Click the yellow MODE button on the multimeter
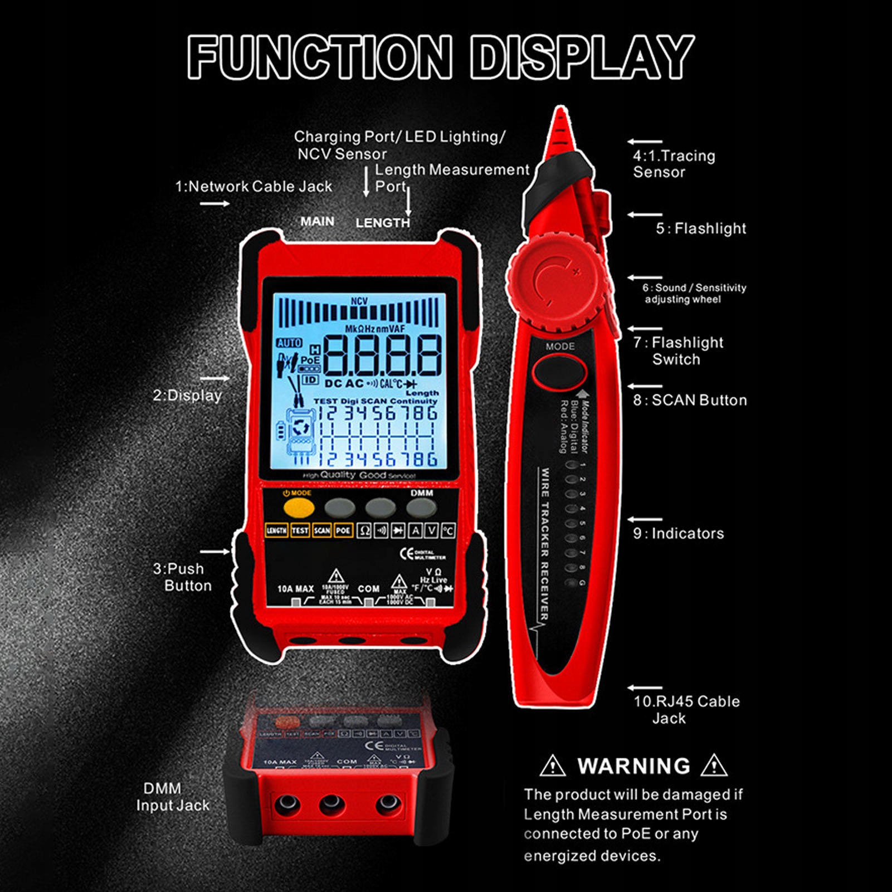(x=299, y=508)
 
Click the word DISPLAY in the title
(x=582, y=57)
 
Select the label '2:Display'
(x=187, y=396)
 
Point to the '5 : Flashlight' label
(x=700, y=228)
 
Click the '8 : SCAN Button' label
(x=690, y=400)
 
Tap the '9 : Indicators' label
(x=678, y=533)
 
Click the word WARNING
(x=634, y=766)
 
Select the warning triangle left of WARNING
(x=552, y=766)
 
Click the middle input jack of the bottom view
(x=332, y=803)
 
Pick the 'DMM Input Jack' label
(x=173, y=797)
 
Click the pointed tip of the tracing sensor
(x=560, y=114)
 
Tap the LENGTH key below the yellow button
(x=276, y=530)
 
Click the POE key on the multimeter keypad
(x=343, y=530)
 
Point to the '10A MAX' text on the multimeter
(x=295, y=589)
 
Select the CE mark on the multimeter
(x=407, y=554)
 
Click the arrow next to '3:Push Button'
(x=215, y=552)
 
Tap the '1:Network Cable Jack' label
(x=254, y=187)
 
